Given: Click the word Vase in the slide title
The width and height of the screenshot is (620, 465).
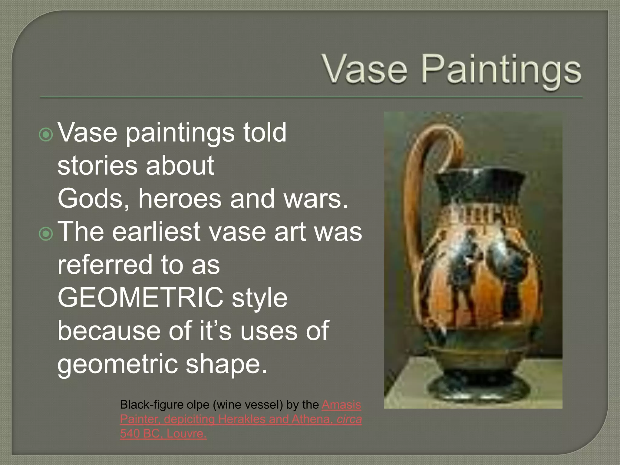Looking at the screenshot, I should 365,70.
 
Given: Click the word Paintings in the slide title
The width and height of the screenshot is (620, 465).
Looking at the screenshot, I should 501,71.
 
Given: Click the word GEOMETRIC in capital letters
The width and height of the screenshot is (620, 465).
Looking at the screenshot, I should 140,298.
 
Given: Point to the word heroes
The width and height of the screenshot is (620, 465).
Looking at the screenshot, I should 180,199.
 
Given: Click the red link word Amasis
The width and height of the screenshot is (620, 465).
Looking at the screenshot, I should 341,405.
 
